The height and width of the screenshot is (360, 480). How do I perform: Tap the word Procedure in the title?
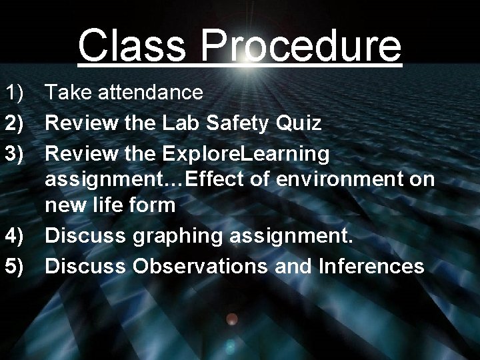[x=301, y=45]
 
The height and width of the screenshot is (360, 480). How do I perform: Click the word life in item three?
[x=106, y=205]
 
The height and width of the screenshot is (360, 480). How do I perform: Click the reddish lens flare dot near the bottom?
[x=231, y=319]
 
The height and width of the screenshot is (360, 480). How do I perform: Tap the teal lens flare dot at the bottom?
[x=230, y=345]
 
